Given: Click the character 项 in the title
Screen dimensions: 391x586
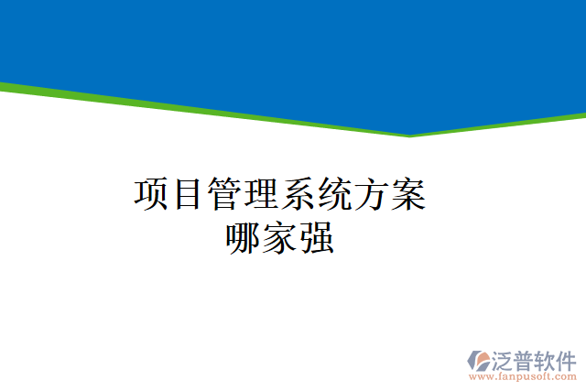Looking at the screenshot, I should (152, 194).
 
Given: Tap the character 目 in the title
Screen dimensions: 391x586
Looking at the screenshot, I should (189, 194).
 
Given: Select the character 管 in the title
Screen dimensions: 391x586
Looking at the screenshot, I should (225, 194).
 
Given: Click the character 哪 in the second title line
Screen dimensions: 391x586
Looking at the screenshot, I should (244, 238).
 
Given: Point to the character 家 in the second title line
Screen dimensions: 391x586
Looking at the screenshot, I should (280, 238).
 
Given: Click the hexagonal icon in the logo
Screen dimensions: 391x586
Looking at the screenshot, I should (481, 360).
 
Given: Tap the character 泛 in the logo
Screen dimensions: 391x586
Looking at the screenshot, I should (506, 359).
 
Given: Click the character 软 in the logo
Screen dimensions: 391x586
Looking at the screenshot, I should (550, 359).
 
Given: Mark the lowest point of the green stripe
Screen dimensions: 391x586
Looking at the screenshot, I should (409, 136).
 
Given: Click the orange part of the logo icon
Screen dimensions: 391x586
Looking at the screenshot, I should (476, 366).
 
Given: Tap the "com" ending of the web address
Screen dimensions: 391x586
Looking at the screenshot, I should (567, 376).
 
